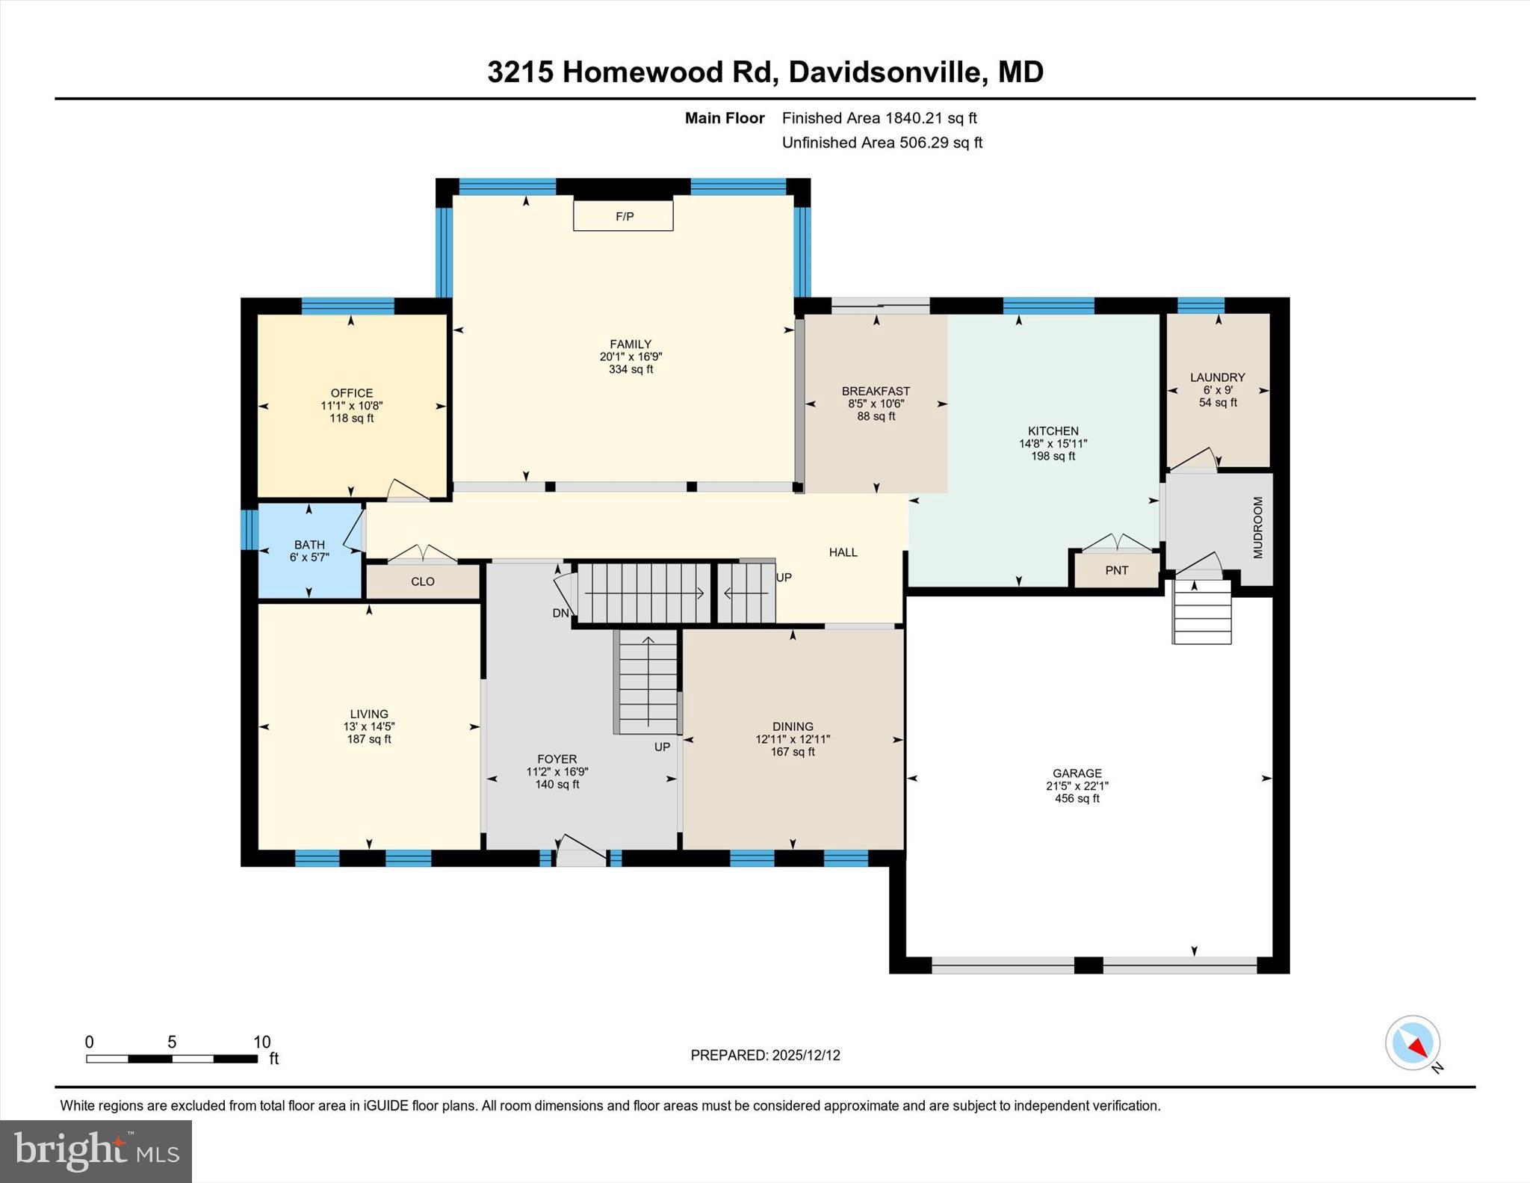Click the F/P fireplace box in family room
[623, 216]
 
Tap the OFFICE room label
[351, 393]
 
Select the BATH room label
[309, 545]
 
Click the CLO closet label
[422, 581]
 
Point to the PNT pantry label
[1116, 570]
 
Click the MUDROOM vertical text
[1257, 528]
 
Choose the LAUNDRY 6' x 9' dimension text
[1217, 390]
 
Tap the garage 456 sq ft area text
[1077, 798]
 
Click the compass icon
[1412, 1043]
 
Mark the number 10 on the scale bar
[261, 1043]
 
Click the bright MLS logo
[96, 1151]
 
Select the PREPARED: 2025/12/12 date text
[765, 1055]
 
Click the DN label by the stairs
[560, 613]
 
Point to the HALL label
[843, 552]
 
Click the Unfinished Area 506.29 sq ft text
[882, 143]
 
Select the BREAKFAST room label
[876, 391]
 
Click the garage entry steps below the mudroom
[1201, 612]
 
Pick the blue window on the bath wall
[249, 530]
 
